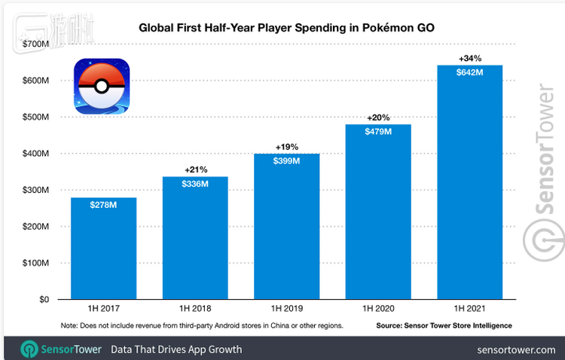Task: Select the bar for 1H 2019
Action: pyautogui.click(x=286, y=226)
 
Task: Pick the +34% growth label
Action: pyautogui.click(x=469, y=57)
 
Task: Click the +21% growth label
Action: pyautogui.click(x=194, y=169)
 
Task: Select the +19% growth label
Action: pyautogui.click(x=286, y=145)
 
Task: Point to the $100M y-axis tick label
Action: pyautogui.click(x=35, y=263)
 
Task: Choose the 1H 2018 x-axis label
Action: pyautogui.click(x=194, y=310)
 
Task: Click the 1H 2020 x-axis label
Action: pyautogui.click(x=377, y=310)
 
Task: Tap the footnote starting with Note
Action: pyautogui.click(x=202, y=325)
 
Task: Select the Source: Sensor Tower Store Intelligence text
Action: pyautogui.click(x=444, y=325)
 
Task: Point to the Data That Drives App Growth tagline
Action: pyautogui.click(x=176, y=349)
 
